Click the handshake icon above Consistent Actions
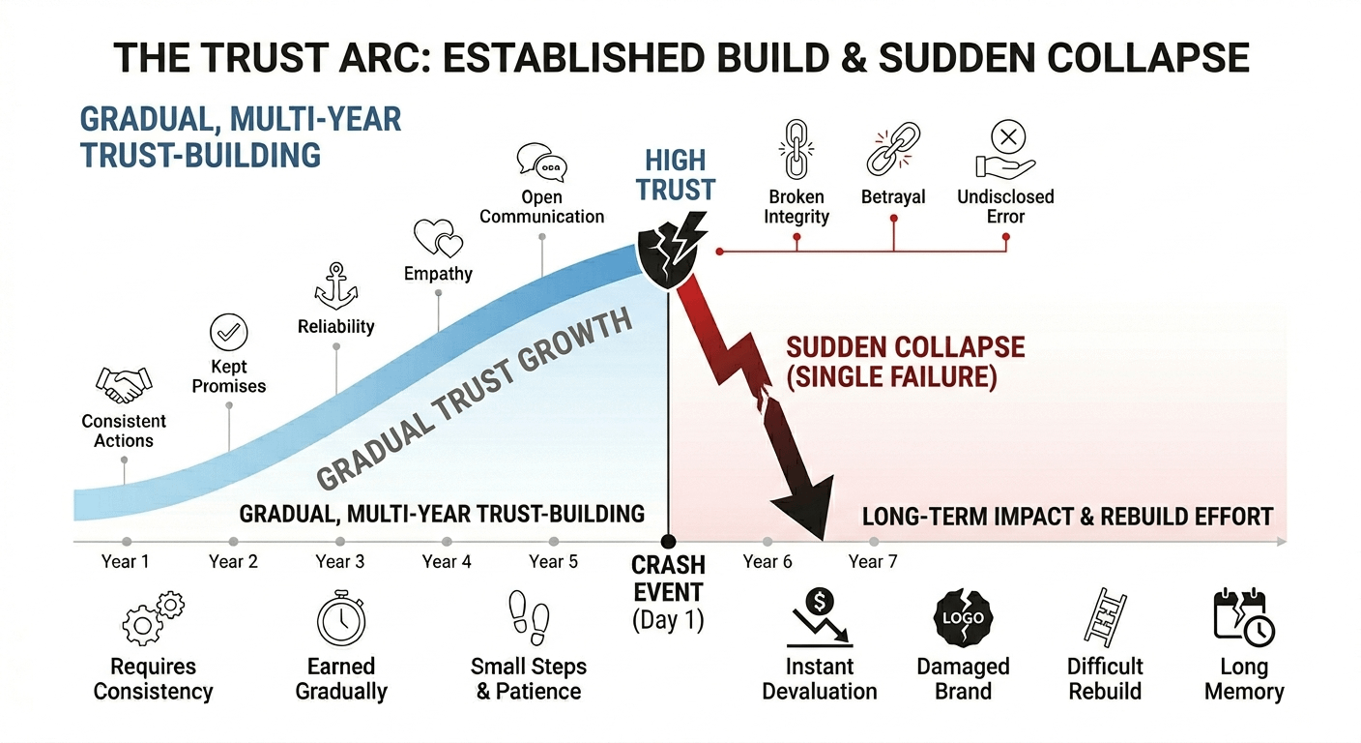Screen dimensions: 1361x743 tap(124, 385)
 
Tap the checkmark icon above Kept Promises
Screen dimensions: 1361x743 tap(229, 333)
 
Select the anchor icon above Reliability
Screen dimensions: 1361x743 tap(335, 285)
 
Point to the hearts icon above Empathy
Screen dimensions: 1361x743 tap(438, 238)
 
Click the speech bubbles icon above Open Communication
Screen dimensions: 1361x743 tap(541, 163)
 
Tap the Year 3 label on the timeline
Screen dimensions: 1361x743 tap(339, 561)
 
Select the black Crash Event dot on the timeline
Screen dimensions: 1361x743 tap(667, 542)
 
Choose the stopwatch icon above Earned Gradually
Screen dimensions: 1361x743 tap(340, 619)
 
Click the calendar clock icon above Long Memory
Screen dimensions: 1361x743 tap(1243, 617)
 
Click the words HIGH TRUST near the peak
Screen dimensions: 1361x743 tap(676, 175)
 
